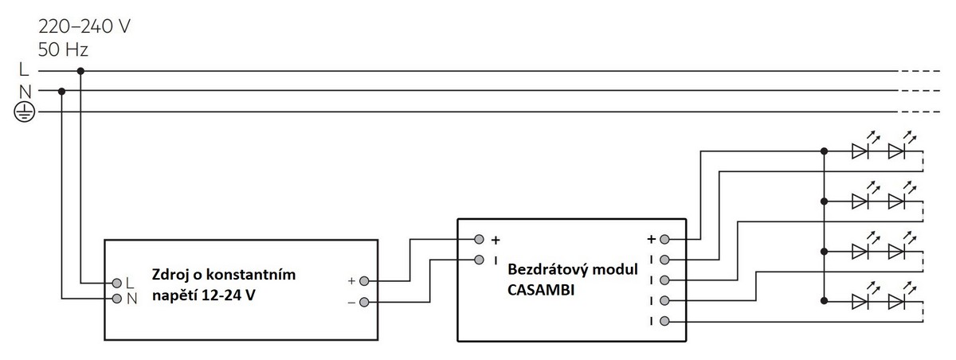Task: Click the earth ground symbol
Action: [x=25, y=112]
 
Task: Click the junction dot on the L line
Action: [x=80, y=71]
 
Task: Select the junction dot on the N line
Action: [x=61, y=91]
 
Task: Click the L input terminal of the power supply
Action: [x=116, y=283]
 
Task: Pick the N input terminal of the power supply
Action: [x=116, y=299]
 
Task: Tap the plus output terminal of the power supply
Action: [x=364, y=281]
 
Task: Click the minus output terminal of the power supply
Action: [x=364, y=302]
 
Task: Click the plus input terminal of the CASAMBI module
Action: [x=478, y=239]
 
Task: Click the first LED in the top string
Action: [x=860, y=150]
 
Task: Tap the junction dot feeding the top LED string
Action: [x=822, y=150]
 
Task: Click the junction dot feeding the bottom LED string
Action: [x=822, y=300]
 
